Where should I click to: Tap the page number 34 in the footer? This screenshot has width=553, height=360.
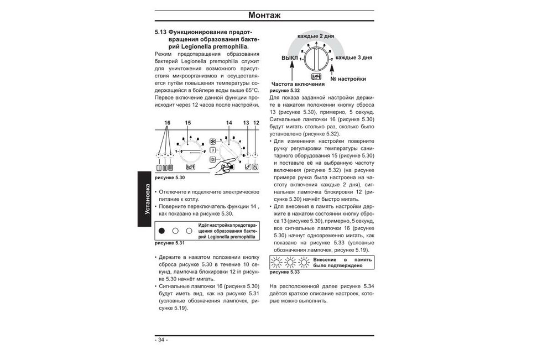[x=161, y=340]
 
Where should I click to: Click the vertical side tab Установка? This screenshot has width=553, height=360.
[x=148, y=197]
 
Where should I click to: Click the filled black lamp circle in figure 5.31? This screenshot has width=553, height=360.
[x=162, y=231]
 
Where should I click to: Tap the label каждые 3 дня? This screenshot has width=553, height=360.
[x=353, y=57]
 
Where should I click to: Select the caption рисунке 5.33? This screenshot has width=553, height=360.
[x=284, y=272]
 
